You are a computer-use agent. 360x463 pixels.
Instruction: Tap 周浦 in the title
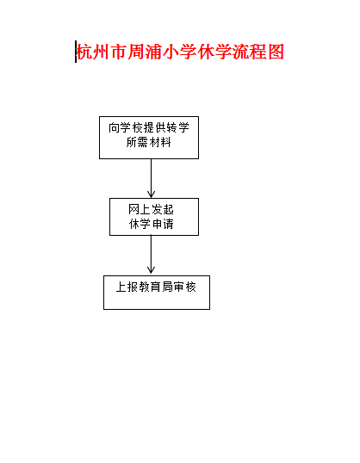point(144,52)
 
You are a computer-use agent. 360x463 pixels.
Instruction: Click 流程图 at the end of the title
point(258,52)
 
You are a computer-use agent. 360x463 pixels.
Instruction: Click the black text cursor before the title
point(76,52)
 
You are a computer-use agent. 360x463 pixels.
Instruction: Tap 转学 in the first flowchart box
point(177,128)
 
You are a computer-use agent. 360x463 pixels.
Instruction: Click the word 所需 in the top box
point(137,142)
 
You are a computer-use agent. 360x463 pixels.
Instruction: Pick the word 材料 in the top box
point(160,142)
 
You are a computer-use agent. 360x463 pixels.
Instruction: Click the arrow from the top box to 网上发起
point(151,178)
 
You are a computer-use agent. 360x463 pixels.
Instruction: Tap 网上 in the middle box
point(140,209)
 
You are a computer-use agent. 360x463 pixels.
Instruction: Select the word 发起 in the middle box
point(163,209)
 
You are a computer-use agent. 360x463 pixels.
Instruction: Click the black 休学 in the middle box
point(140,224)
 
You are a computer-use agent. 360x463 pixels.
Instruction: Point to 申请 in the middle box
point(163,224)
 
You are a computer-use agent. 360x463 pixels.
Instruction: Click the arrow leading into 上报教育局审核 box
point(151,255)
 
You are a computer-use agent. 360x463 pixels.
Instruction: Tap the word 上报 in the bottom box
point(127,287)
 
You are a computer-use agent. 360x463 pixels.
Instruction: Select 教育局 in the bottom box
point(156,287)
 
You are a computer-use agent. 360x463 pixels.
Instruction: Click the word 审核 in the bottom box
point(185,287)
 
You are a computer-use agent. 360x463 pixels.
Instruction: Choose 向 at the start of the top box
point(114,128)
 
